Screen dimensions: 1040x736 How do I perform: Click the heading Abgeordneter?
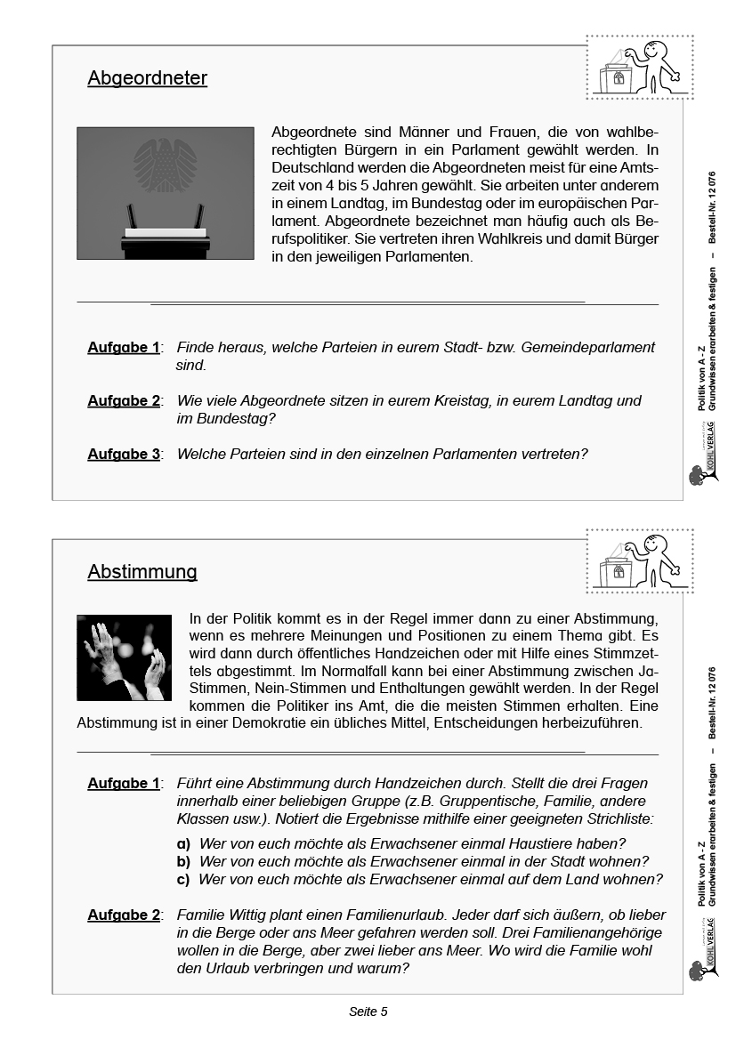(147, 78)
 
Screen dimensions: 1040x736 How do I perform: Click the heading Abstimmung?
(142, 571)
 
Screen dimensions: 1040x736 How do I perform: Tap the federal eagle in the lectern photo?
(165, 165)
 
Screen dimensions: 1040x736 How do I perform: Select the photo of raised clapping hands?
(124, 657)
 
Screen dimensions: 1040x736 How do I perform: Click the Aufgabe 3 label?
(124, 454)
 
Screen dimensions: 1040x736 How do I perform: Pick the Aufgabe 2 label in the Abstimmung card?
(124, 915)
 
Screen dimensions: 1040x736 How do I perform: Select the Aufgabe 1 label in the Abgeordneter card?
(124, 347)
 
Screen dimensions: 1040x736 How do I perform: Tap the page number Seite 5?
(368, 1012)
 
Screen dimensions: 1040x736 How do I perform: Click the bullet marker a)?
(183, 843)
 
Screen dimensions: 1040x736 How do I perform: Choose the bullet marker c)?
(183, 879)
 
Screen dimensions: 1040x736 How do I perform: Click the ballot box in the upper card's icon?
(617, 77)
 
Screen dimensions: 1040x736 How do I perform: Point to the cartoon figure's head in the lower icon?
(655, 544)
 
